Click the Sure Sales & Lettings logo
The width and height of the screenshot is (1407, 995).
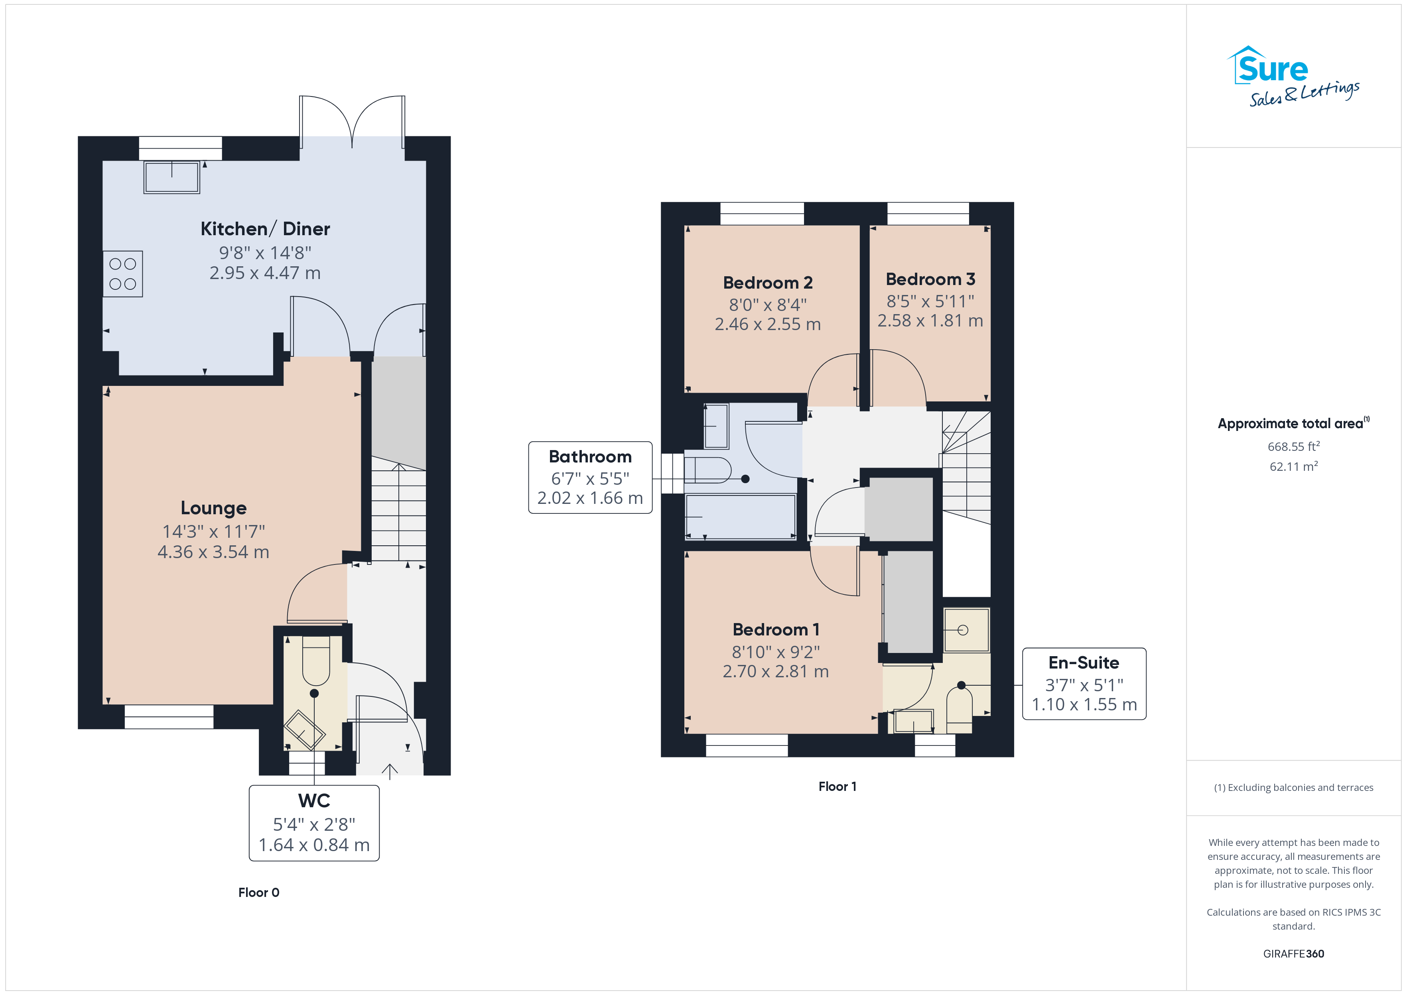tap(1293, 77)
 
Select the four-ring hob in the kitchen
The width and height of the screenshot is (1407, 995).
tap(122, 274)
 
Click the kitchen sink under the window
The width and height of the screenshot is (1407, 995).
tap(171, 177)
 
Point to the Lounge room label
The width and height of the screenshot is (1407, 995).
tap(213, 508)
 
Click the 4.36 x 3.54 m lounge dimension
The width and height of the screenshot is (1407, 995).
tap(213, 552)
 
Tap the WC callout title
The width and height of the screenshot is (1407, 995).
tap(314, 801)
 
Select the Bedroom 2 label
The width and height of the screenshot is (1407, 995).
tap(768, 283)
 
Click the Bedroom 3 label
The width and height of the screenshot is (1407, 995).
tap(930, 279)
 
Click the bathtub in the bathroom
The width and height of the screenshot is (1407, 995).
tap(740, 517)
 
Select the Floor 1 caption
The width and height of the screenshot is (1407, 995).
tap(837, 786)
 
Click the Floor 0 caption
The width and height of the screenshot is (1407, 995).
tap(258, 892)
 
